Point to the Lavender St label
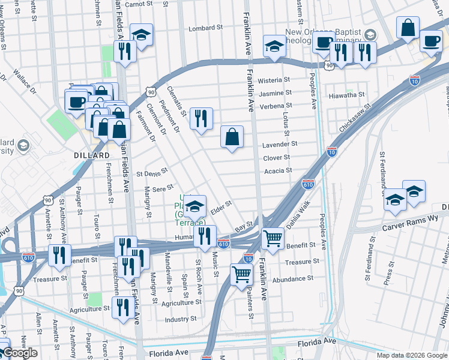279,144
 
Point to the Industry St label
181,319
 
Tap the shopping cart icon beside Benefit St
273,239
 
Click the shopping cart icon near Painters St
241,274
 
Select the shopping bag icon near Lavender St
232,137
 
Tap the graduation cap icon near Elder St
194,207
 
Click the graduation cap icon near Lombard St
142,35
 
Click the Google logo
19,353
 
